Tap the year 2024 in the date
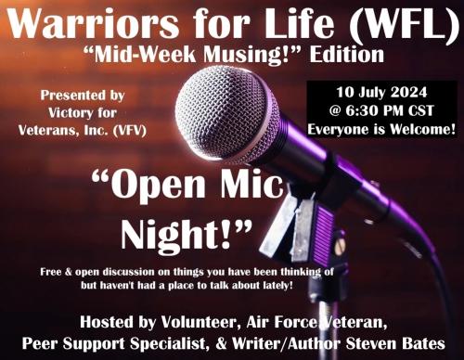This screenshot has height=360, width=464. [x=419, y=94]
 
